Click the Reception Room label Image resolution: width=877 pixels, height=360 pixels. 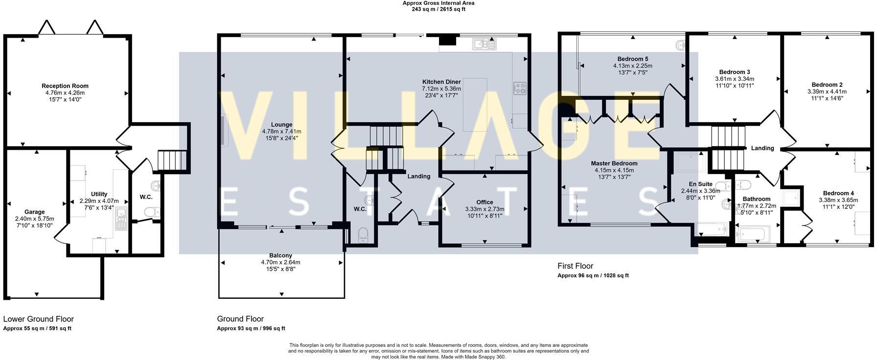point(65,86)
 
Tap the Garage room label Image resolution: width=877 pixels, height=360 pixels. point(34,212)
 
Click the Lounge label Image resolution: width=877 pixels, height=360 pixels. point(281,125)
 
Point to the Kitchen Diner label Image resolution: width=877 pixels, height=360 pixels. point(441,82)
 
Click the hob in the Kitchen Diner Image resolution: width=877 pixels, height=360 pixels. point(519,88)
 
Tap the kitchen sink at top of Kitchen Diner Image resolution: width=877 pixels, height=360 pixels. point(484,45)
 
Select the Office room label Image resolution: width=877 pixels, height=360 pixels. point(485,202)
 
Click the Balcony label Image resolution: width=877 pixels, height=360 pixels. point(280,255)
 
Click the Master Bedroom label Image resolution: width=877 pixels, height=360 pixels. point(614,163)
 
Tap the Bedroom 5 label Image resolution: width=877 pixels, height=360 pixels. point(632,59)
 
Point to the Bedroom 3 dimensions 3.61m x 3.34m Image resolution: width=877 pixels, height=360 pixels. point(734,79)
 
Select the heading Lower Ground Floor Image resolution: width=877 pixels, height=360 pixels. point(38,319)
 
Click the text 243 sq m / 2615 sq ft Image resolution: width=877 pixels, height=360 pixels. point(438,9)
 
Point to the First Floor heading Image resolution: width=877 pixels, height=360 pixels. point(575,266)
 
